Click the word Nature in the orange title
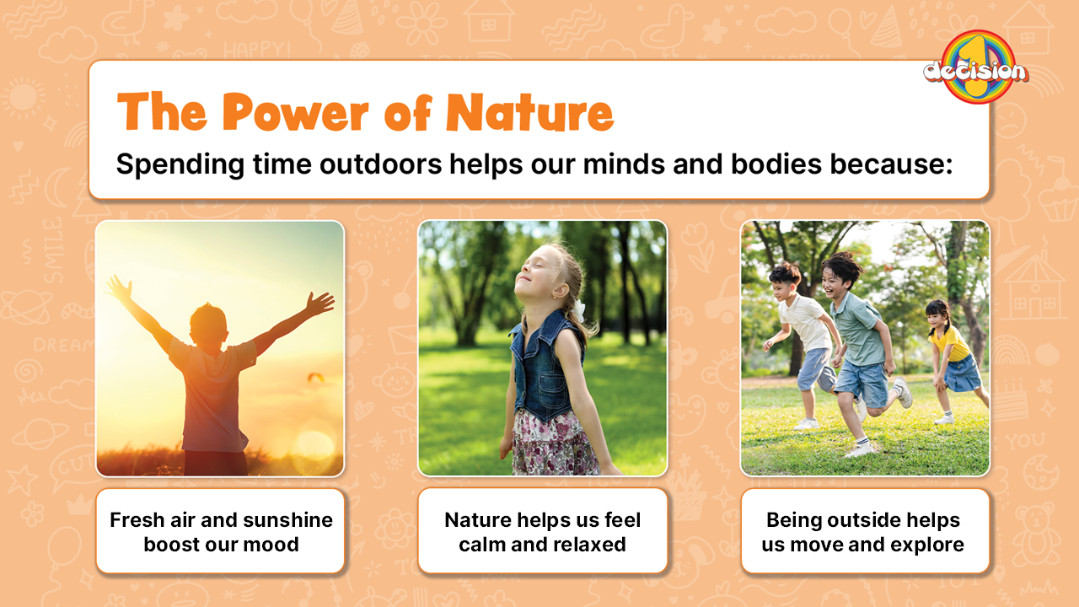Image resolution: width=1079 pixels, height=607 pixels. tap(530, 112)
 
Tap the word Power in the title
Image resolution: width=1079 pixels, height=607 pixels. tap(295, 112)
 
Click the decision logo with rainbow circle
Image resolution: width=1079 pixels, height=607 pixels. tap(976, 67)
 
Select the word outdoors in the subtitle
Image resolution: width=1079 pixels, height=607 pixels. tap(380, 164)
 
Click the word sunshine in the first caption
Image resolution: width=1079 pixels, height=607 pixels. tap(288, 520)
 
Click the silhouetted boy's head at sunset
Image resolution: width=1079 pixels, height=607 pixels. tap(208, 325)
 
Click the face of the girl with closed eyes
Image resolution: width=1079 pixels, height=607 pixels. tap(534, 273)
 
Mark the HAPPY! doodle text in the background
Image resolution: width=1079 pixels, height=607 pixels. tap(257, 49)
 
